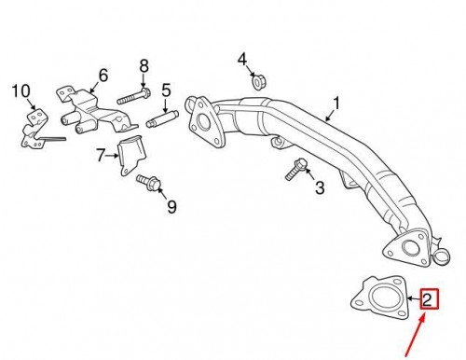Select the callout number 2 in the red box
coord(427,299)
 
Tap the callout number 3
coord(319,189)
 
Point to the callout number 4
coord(243,61)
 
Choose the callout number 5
coord(165,90)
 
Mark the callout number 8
coord(144,65)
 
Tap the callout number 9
coord(171,204)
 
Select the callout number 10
coord(21,90)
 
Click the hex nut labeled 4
coord(257,82)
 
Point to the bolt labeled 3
coord(294,171)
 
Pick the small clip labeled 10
coord(35,129)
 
